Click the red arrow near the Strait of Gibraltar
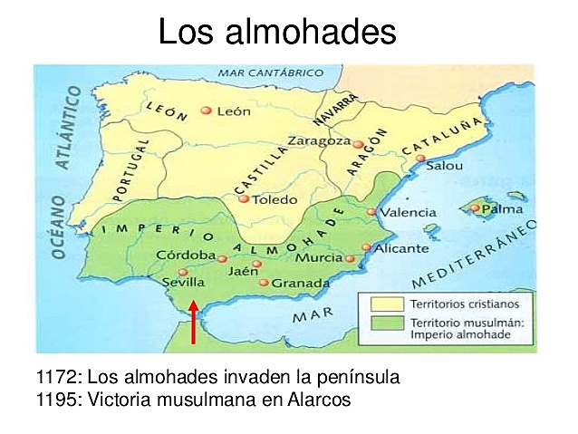coord(193,324)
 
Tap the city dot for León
coord(207,111)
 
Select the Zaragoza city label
coord(317,141)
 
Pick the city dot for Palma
coord(474,208)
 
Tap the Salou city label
coord(444,166)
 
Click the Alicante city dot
coord(366,246)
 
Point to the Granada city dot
coord(264,283)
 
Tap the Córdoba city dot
coord(222,258)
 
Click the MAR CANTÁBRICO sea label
coord(269,73)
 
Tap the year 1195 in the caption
coord(56,399)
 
